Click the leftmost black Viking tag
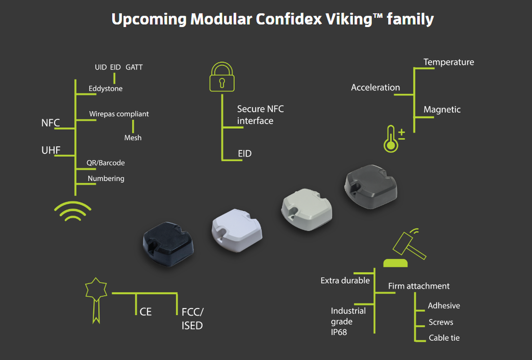click(x=168, y=244)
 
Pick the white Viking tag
click(x=237, y=230)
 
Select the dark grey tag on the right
click(x=370, y=186)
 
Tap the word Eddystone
click(x=105, y=88)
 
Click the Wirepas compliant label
click(x=119, y=114)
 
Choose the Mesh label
click(x=132, y=138)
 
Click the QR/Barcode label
click(x=105, y=163)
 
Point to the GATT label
click(x=134, y=67)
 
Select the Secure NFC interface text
click(x=260, y=115)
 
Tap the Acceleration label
click(x=375, y=88)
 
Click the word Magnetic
click(x=442, y=110)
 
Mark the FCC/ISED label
click(x=192, y=318)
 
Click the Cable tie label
click(x=444, y=338)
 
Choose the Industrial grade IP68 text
click(x=348, y=322)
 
